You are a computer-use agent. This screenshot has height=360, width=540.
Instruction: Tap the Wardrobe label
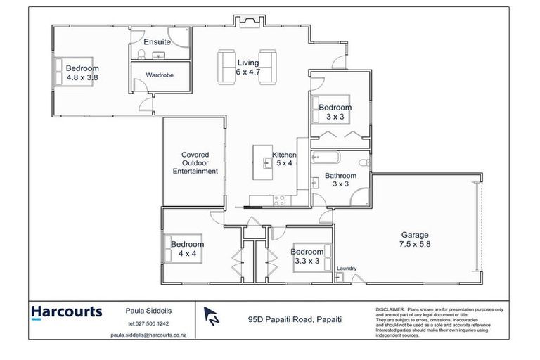[160, 75]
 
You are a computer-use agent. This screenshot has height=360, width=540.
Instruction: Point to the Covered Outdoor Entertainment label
[200, 162]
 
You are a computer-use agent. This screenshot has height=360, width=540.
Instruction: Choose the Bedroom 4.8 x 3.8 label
[82, 73]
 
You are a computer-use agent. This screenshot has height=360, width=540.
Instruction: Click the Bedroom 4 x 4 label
[187, 250]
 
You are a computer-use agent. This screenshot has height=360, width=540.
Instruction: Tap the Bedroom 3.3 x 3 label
[307, 256]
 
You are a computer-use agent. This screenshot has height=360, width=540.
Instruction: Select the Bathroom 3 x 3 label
[340, 180]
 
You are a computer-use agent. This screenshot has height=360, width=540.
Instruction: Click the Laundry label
[347, 269]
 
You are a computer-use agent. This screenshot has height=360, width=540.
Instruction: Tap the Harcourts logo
[67, 311]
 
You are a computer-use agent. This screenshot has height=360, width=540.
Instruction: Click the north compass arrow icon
[210, 316]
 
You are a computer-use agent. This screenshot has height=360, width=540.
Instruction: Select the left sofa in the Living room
[227, 65]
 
